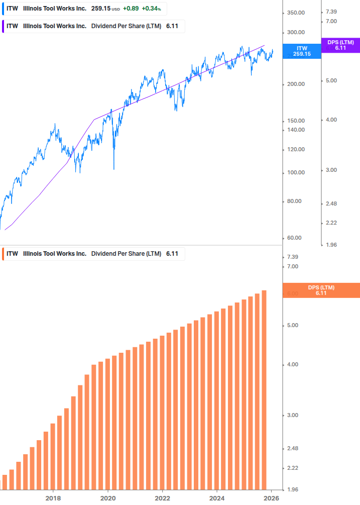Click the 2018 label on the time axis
pos(53,498)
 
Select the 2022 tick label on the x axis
pos(162,498)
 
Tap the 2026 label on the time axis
pos(272,498)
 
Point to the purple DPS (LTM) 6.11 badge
pos(340,45)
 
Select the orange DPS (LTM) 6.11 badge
pos(321,290)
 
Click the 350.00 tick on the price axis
pos(296,12)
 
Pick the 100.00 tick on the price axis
pos(296,172)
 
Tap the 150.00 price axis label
pos(296,121)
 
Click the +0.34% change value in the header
pos(151,9)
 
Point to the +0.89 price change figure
pos(131,9)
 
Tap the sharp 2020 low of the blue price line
pos(114,169)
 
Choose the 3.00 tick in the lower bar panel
pos(293,415)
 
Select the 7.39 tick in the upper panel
pos(331,12)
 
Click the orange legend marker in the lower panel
pos(3,254)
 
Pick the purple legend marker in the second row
pos(3,26)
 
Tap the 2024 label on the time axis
pos(217,498)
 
